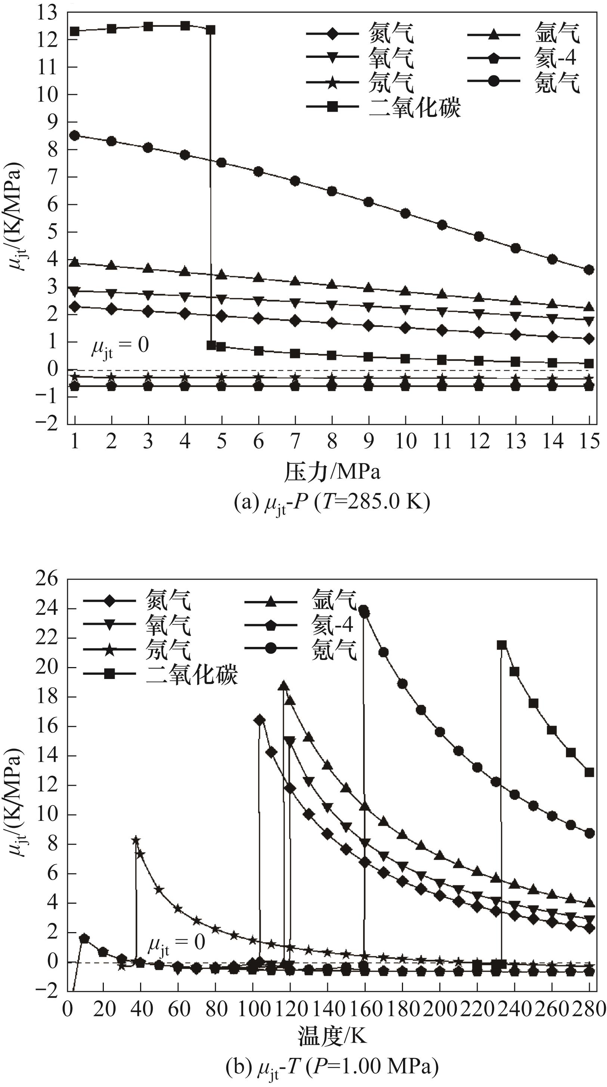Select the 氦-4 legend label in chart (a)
555,57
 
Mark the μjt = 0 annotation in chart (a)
120,346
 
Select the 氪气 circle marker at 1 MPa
75,136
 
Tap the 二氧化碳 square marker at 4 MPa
185,26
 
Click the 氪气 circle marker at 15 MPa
589,270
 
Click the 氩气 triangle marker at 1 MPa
75,262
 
